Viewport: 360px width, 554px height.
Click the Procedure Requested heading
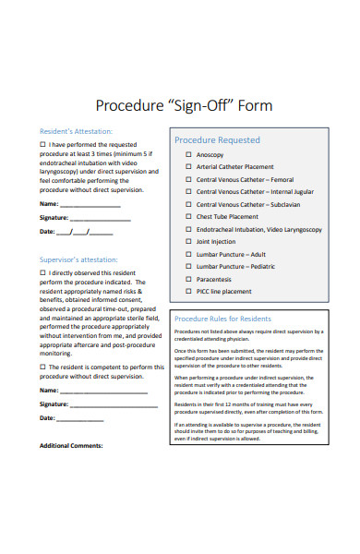coord(217,140)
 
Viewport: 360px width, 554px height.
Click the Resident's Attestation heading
coord(76,131)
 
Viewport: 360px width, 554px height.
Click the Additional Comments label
coord(71,445)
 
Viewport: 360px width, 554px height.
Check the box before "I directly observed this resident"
coord(42,274)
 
